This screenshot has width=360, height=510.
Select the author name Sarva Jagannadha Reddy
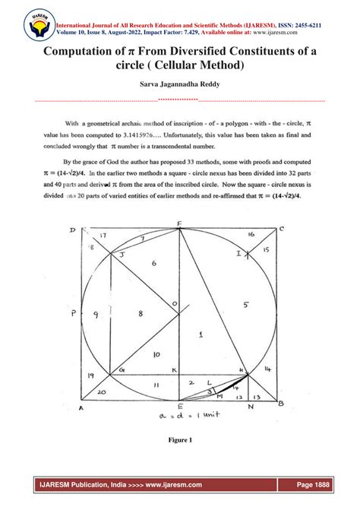(x=180, y=87)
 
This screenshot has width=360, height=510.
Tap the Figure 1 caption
(x=180, y=439)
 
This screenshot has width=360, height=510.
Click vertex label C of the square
(x=282, y=229)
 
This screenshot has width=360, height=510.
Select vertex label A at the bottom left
(x=81, y=407)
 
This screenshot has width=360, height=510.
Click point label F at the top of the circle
(x=179, y=223)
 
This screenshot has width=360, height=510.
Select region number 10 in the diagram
(x=155, y=354)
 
